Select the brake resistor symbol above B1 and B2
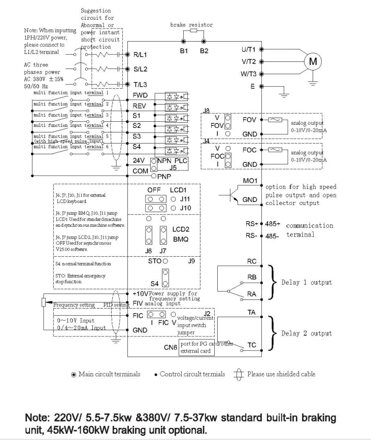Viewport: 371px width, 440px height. point(192,30)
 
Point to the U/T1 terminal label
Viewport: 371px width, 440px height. point(248,50)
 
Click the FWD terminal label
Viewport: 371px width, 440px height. point(141,95)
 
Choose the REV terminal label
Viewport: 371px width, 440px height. point(140,106)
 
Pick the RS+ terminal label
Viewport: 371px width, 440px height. point(251,223)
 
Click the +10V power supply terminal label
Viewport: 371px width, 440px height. point(140,294)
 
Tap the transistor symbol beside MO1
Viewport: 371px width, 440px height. point(226,197)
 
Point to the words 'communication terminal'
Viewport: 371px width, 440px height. point(310,229)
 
